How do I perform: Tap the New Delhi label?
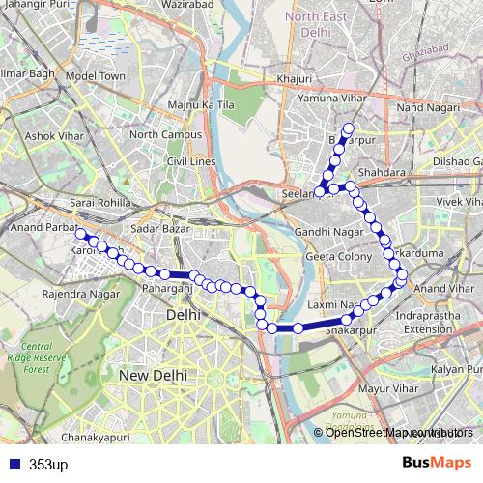tap(152, 374)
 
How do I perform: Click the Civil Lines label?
tap(190, 161)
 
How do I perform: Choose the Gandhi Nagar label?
tap(325, 234)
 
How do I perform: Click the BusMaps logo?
tap(436, 463)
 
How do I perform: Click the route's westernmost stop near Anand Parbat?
tap(81, 234)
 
